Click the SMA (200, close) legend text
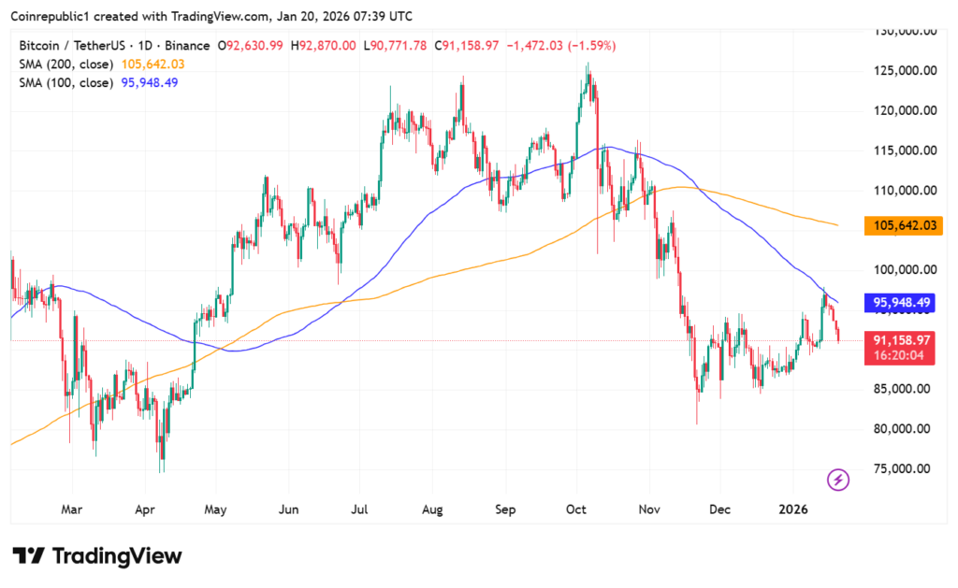[67, 65]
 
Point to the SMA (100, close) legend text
[67, 82]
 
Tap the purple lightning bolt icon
[838, 480]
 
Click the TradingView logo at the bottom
[97, 556]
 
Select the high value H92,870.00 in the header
[323, 46]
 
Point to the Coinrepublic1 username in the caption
[53, 16]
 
